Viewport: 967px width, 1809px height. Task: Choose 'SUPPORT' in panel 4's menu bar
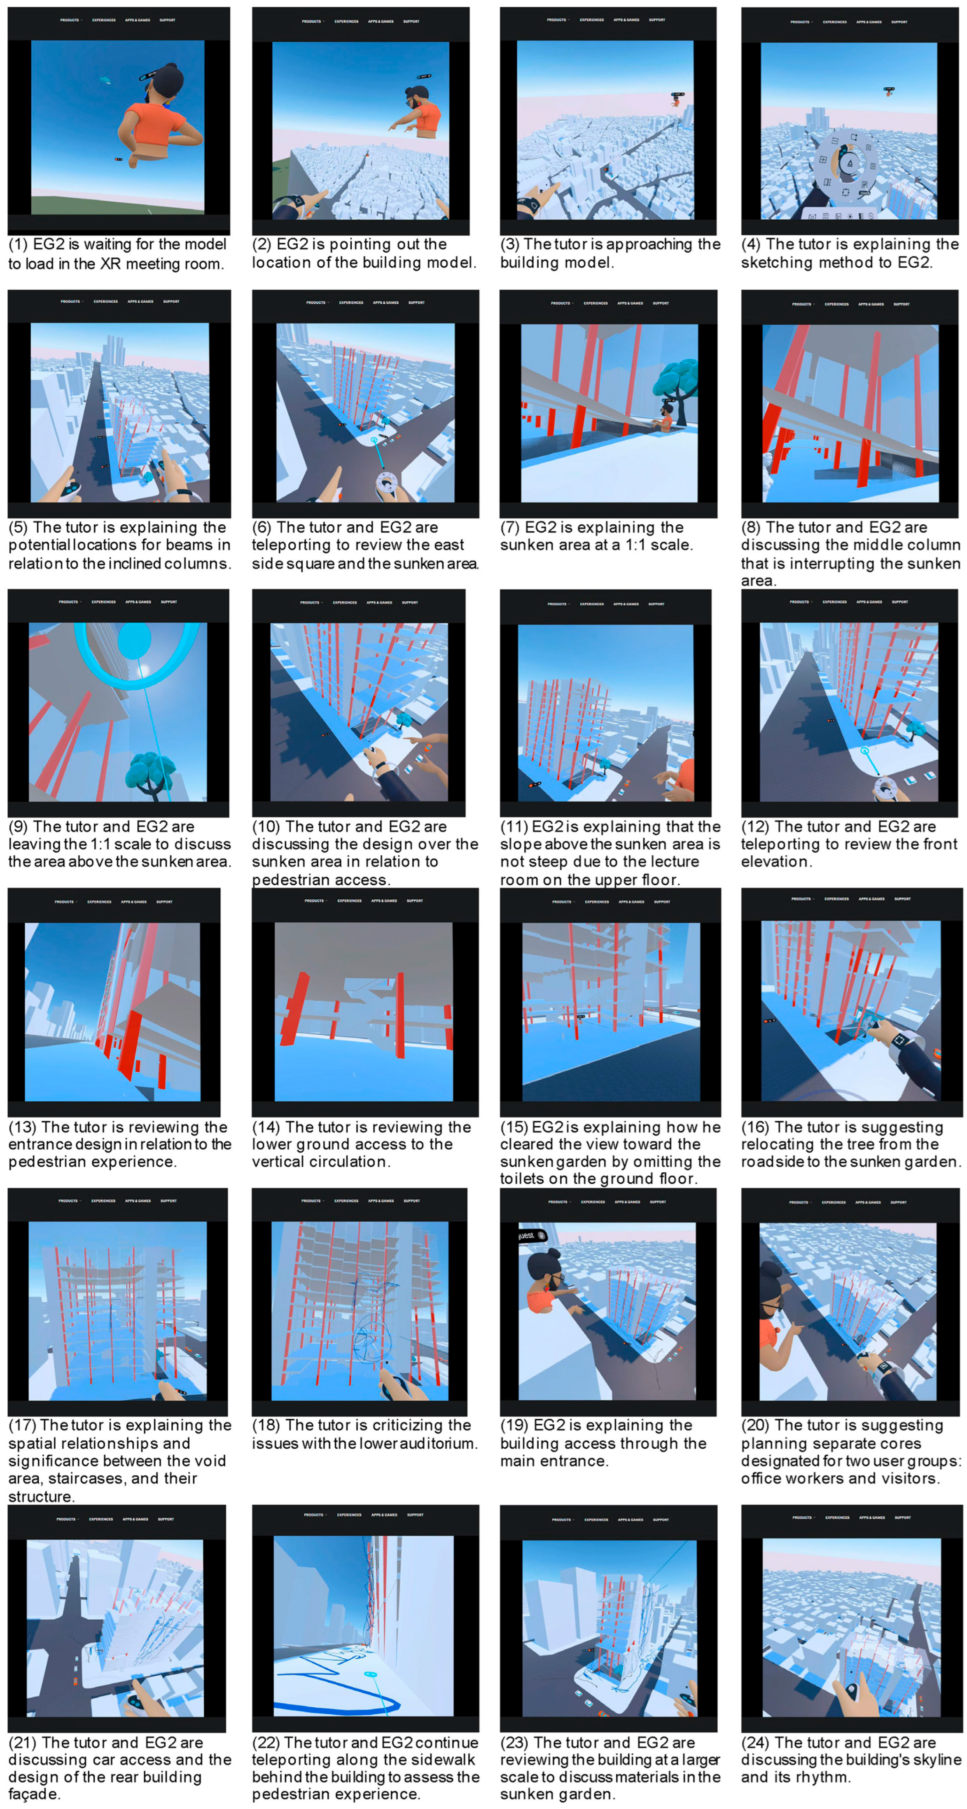(899, 22)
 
